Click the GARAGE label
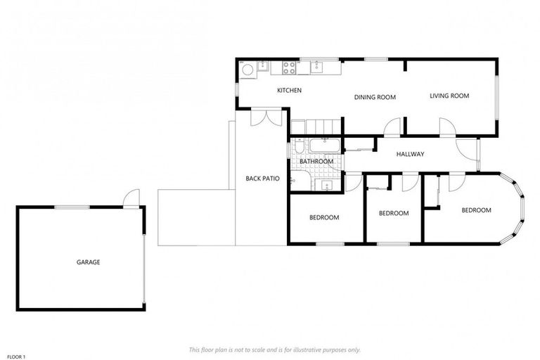point(88,262)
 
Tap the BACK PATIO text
point(262,179)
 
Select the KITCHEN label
point(289,91)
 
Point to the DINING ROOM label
point(375,98)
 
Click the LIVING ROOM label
point(449,96)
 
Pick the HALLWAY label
point(410,154)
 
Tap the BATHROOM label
point(316,162)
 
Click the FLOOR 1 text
point(17,357)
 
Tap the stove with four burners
point(288,67)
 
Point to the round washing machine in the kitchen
point(247,70)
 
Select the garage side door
point(131,199)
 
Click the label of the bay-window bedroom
point(476,210)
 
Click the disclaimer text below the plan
point(274,349)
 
